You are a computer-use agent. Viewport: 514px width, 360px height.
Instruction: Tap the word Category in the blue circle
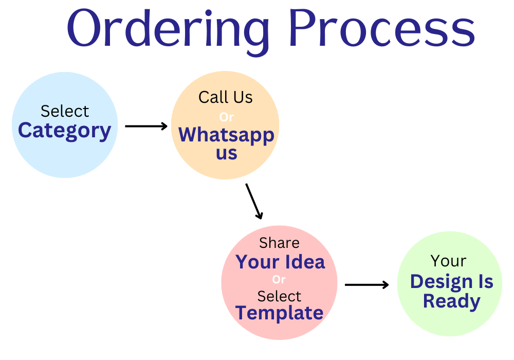coord(65,131)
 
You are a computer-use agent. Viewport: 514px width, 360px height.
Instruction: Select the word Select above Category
coord(65,111)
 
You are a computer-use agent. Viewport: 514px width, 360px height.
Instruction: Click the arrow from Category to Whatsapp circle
coord(146,126)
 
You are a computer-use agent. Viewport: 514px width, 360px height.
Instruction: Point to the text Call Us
coord(226,97)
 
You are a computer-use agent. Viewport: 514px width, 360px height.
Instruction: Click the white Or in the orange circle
coord(226,117)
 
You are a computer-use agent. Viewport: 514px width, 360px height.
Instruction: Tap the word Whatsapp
coord(226,135)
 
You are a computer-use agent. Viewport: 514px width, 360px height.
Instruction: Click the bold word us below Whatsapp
coord(227,153)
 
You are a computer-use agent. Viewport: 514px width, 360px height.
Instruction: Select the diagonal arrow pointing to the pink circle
coord(254,201)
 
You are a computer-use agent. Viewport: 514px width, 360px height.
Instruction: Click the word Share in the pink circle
coord(279,243)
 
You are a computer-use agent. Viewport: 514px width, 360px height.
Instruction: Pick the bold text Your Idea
coord(280,262)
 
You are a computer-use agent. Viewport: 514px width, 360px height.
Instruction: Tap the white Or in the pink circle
coord(279,280)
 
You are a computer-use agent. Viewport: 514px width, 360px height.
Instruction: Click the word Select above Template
coord(279,296)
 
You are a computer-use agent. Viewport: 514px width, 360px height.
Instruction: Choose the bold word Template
coord(279,313)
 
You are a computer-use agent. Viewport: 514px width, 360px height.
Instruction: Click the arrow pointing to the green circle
coord(367,284)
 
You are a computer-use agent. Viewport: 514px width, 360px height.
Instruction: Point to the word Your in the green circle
coord(448,261)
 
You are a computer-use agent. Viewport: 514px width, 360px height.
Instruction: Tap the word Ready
coord(451,302)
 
